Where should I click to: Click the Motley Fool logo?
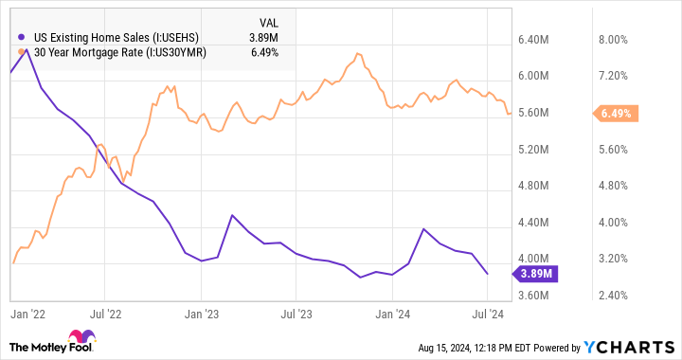click(58, 342)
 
